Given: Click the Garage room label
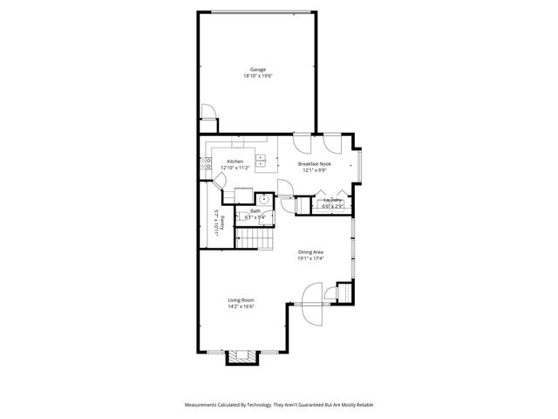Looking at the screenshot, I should (x=257, y=69).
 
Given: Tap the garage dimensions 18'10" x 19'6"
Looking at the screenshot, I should (x=257, y=77).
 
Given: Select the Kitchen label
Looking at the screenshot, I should (x=235, y=161).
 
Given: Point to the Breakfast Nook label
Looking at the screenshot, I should (x=314, y=163).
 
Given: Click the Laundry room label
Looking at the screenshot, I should (x=332, y=200).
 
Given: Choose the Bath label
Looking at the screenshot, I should (x=255, y=211).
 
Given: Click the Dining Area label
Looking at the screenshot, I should (x=310, y=251).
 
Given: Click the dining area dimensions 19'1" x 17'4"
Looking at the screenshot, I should (x=310, y=258).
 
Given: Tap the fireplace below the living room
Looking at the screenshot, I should (x=242, y=356).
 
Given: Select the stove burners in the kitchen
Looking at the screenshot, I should (x=208, y=161).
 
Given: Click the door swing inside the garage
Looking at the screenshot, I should (x=208, y=113).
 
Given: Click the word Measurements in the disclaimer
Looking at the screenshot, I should (x=206, y=405).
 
